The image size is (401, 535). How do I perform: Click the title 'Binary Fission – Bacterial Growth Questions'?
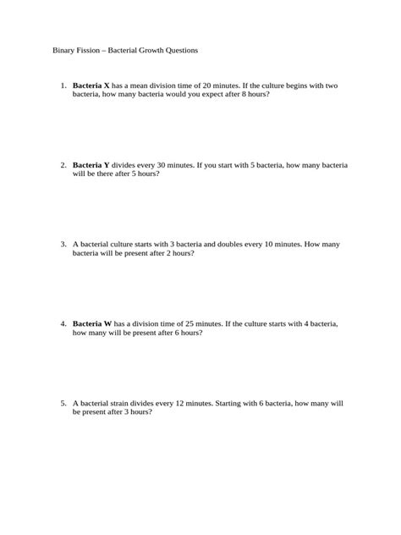tap(125, 50)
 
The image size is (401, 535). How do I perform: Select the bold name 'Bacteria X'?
tap(91, 85)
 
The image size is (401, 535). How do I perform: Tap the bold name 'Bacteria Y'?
tap(91, 165)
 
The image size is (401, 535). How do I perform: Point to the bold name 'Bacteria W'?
tap(92, 323)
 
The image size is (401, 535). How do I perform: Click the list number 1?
tap(63, 85)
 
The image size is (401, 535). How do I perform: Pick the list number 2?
tap(63, 165)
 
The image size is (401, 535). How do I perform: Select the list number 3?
tap(63, 244)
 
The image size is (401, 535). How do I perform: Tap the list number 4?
tap(63, 323)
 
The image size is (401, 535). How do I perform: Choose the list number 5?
tap(63, 403)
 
